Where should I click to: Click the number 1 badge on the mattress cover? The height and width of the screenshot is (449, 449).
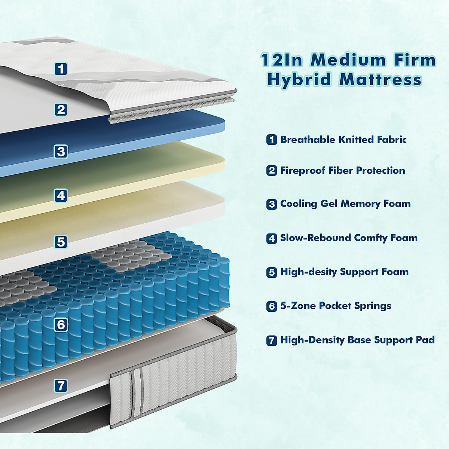pos(61,69)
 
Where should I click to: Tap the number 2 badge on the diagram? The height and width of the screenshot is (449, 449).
pos(61,110)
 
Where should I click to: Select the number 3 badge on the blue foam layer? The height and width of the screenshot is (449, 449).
pos(61,152)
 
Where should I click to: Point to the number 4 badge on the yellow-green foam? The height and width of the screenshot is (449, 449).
pos(61,195)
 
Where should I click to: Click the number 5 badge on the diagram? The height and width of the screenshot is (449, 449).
pos(61,242)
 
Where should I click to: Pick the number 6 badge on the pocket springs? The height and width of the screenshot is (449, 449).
pos(61,324)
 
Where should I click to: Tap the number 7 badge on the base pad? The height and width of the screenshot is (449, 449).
pos(61,385)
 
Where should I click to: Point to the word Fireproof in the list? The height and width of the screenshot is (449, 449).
pos(303,171)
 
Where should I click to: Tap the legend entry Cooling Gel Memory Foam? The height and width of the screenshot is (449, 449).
pos(345,204)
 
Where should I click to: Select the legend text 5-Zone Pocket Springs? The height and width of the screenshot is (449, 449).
pos(336,306)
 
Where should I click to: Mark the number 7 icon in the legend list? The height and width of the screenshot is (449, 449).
pos(272,340)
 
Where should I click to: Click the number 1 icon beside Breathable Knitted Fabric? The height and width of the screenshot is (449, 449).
pos(272,140)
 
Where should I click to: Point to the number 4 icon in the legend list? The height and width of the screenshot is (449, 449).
pos(272,238)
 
